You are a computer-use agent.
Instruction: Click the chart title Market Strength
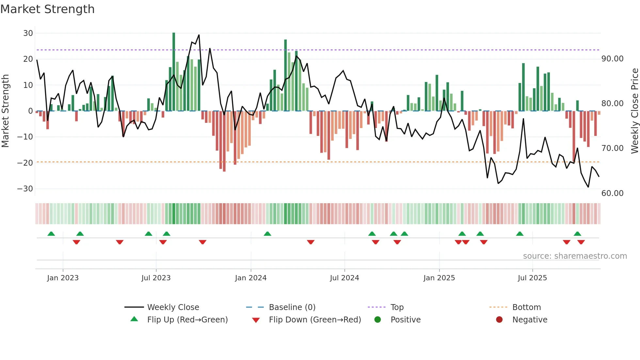47,9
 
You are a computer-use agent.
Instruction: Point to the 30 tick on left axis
28,33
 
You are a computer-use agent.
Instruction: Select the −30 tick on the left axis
25,189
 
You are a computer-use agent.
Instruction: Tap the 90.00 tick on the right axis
612,59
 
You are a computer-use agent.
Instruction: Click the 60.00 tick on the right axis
612,193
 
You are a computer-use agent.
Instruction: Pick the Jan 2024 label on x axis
250,278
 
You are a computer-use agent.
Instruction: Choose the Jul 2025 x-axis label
532,278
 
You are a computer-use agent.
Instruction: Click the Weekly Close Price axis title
634,111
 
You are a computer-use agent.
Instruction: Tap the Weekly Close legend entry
173,307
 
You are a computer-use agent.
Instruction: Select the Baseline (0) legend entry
292,307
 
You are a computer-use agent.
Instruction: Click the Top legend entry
397,307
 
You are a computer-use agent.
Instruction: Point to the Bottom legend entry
526,307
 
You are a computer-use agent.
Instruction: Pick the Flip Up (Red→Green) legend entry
187,320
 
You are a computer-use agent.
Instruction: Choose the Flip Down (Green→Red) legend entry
314,320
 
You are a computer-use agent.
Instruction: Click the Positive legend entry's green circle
377,320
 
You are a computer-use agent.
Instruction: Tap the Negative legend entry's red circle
499,320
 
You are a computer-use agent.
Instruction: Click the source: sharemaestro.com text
575,256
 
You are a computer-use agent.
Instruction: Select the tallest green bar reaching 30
174,72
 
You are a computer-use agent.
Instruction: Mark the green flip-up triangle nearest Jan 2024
267,234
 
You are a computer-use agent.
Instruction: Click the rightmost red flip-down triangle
581,242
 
